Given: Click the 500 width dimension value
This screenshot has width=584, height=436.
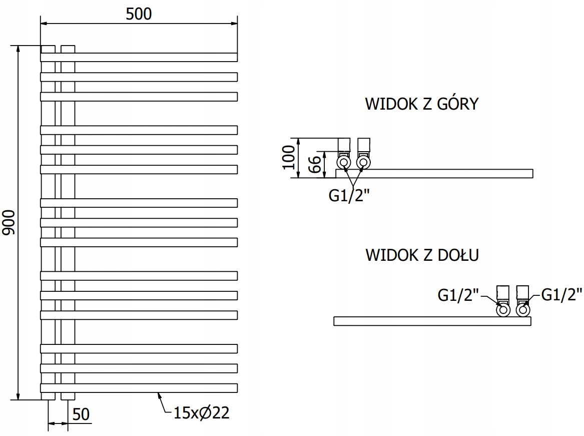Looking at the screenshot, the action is (x=139, y=14).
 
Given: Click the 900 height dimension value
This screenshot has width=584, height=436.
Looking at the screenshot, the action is (x=9, y=222).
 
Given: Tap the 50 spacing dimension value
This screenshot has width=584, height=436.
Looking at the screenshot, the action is (x=81, y=414).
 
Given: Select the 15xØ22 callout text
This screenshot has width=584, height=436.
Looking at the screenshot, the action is (x=202, y=413).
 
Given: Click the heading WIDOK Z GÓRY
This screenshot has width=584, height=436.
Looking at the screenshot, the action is (x=422, y=104).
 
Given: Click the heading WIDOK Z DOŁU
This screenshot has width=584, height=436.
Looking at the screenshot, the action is (x=422, y=255).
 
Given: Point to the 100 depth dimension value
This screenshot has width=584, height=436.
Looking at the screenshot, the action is (x=289, y=157).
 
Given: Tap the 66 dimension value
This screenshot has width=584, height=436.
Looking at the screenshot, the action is (x=315, y=164).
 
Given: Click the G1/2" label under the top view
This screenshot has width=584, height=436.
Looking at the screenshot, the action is (x=349, y=195).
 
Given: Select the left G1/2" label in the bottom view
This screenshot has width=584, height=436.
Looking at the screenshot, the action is (x=458, y=295).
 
